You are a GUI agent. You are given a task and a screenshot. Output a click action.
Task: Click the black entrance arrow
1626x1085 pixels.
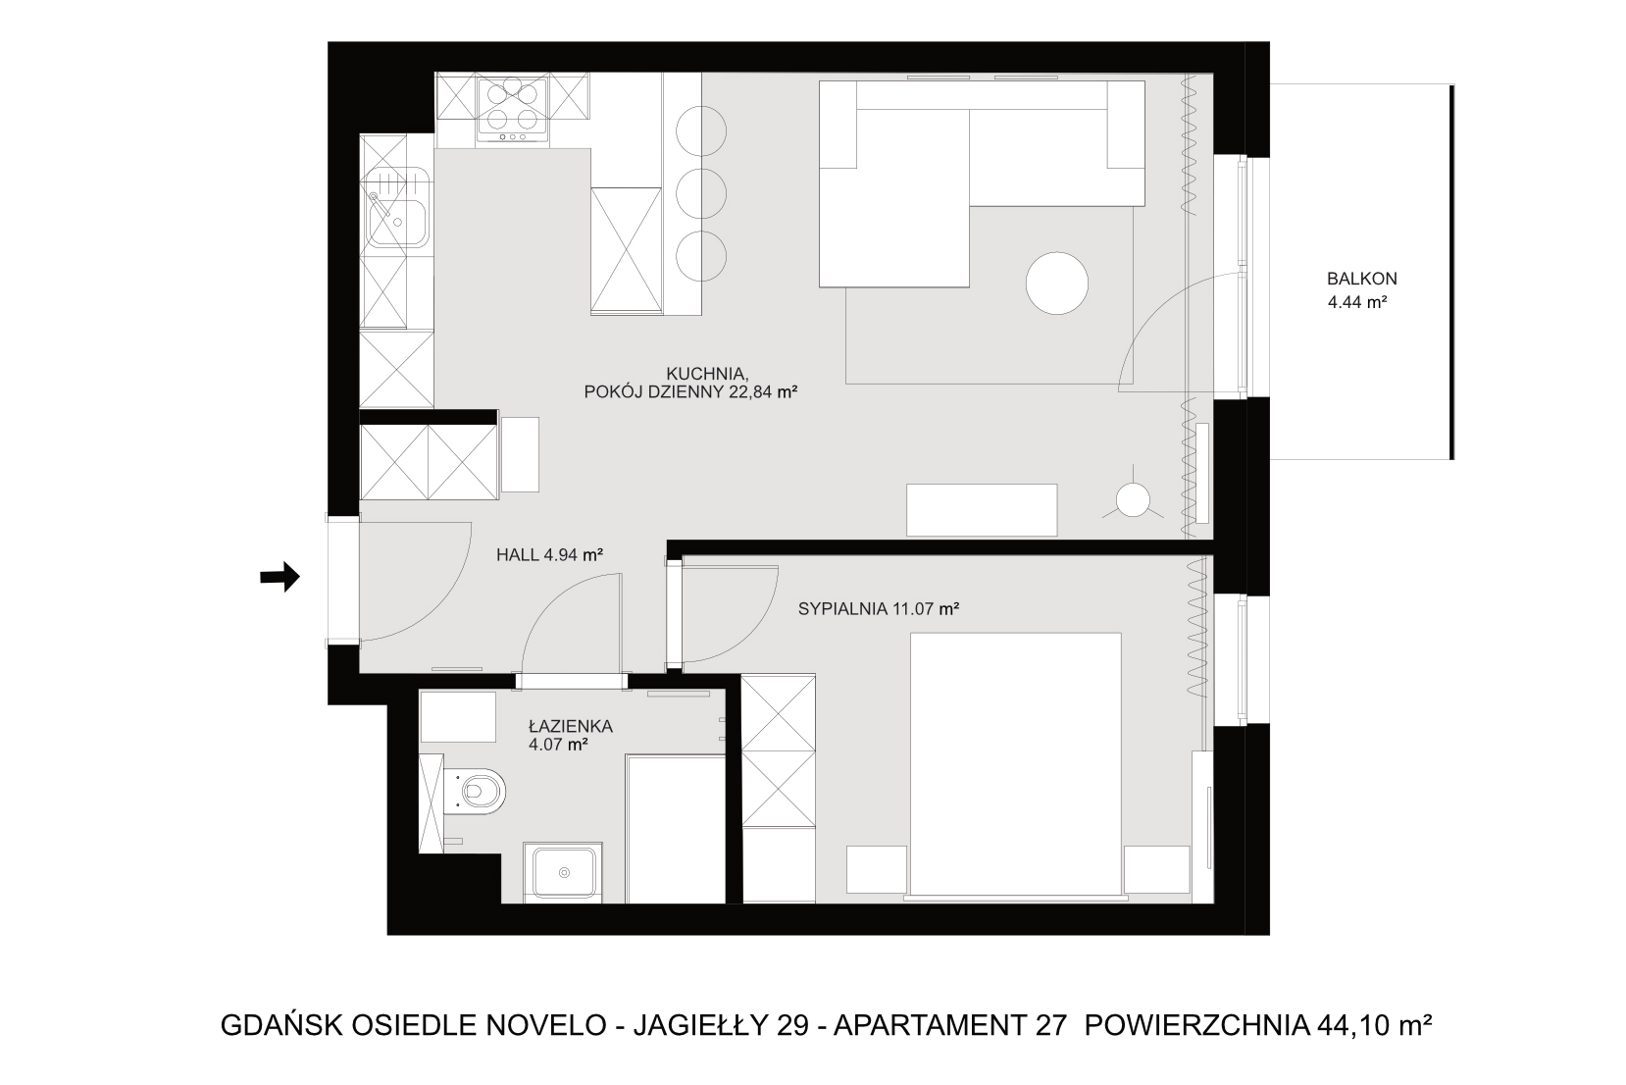[280, 578]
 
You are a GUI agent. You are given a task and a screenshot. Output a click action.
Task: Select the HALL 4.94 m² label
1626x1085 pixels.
[549, 555]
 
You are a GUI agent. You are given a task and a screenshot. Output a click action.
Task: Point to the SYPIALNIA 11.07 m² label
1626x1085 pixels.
[879, 608]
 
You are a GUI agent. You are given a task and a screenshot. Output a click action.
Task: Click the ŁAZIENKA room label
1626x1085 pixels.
[571, 726]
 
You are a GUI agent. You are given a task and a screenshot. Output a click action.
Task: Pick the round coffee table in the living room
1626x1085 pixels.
[1057, 284]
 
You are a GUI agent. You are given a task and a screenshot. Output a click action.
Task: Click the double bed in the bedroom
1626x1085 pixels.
[1016, 764]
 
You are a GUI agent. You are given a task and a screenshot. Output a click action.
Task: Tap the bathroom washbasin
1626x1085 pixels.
[563, 872]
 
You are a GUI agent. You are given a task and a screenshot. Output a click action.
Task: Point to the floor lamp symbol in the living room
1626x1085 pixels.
[1133, 499]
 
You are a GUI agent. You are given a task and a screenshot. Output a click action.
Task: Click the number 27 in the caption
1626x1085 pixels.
[1051, 1025]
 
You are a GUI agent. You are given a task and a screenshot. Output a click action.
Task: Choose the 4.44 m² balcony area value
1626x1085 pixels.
[1357, 302]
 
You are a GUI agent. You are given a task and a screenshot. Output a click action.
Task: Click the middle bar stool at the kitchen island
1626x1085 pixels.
[701, 193]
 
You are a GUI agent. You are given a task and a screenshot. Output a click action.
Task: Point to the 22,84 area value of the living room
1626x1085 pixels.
[751, 392]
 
